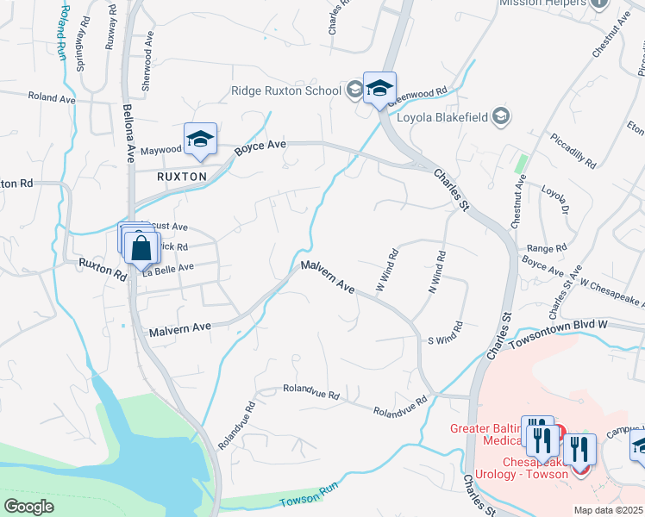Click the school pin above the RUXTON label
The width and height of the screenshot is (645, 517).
coord(199,139)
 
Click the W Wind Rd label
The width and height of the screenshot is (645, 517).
coord(386,269)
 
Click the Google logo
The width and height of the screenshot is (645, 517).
coord(28,507)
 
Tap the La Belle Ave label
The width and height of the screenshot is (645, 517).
coord(169,268)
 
